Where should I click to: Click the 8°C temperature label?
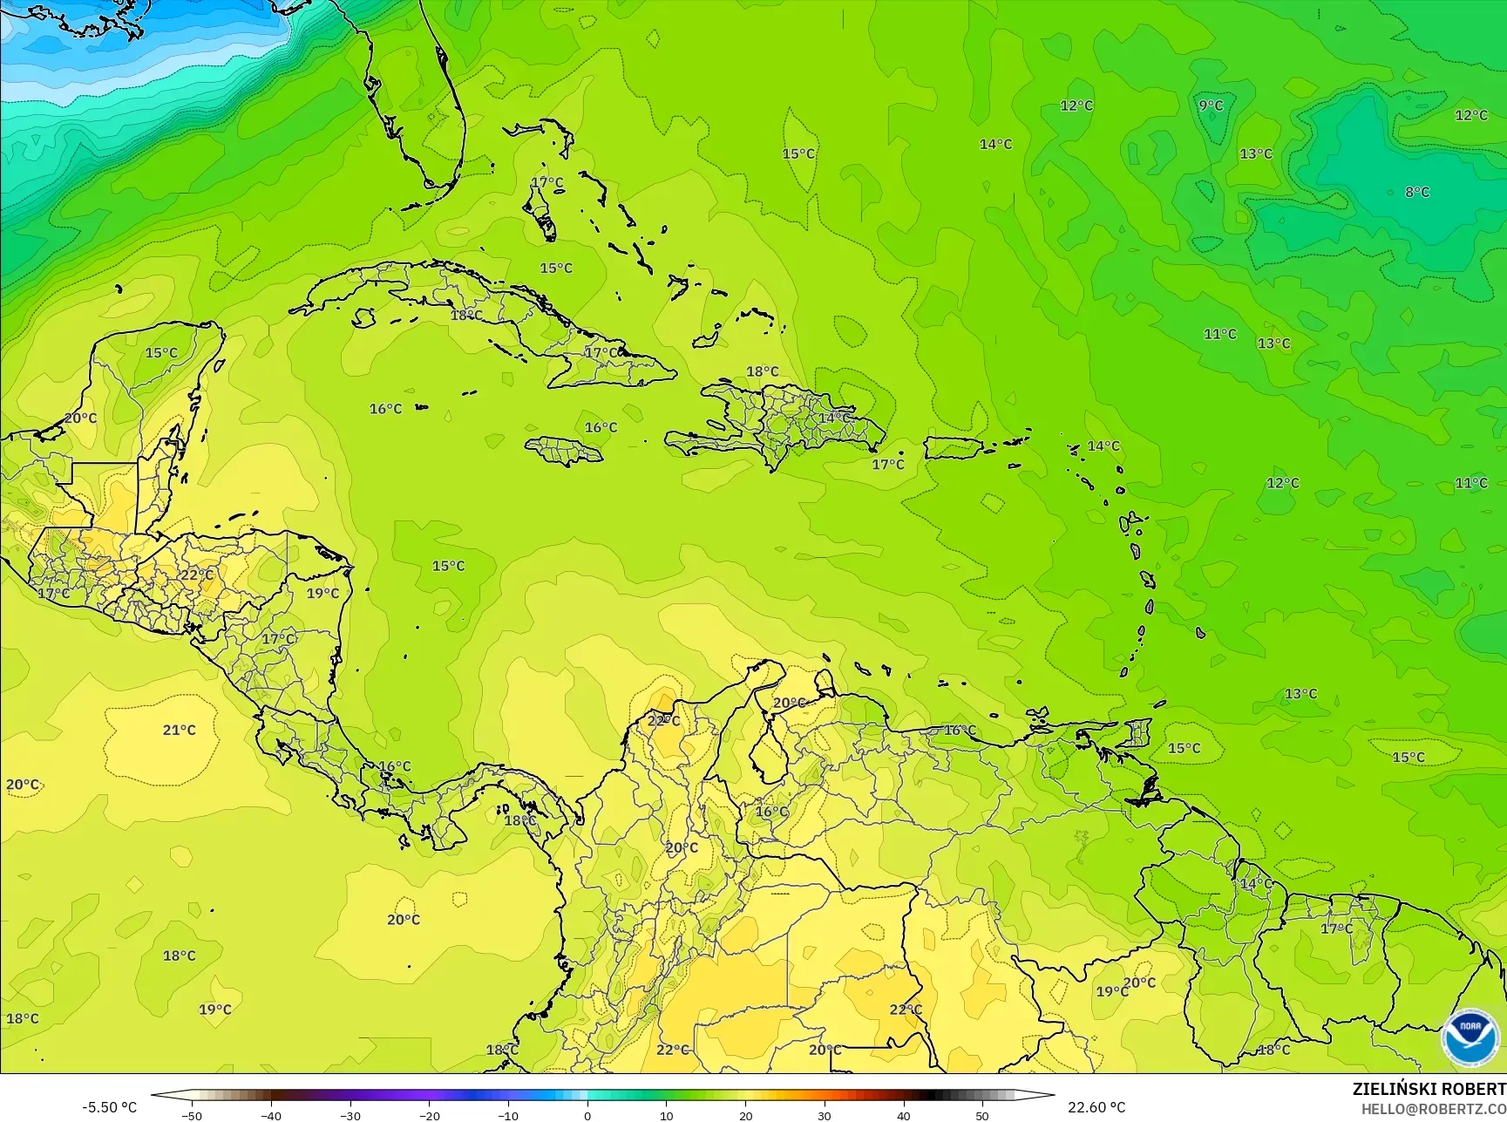point(1417,192)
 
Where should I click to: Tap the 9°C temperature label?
point(1211,105)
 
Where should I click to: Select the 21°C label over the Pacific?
point(179,730)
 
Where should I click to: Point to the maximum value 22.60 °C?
point(1097,1107)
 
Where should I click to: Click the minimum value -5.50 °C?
point(109,1107)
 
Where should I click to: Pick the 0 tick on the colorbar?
point(587,1115)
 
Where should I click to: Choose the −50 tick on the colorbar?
point(192,1115)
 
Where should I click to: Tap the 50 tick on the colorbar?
point(982,1115)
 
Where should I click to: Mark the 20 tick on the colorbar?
point(745,1115)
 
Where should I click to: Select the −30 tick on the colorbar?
point(350,1115)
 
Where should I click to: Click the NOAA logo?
point(1470,1038)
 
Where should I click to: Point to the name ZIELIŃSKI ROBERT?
point(1429,1089)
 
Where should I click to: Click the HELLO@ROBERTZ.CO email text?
point(1434,1108)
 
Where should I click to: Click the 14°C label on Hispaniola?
point(834,418)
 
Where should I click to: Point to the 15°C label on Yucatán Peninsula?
point(161,353)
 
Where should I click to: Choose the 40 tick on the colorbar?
point(903,1115)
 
